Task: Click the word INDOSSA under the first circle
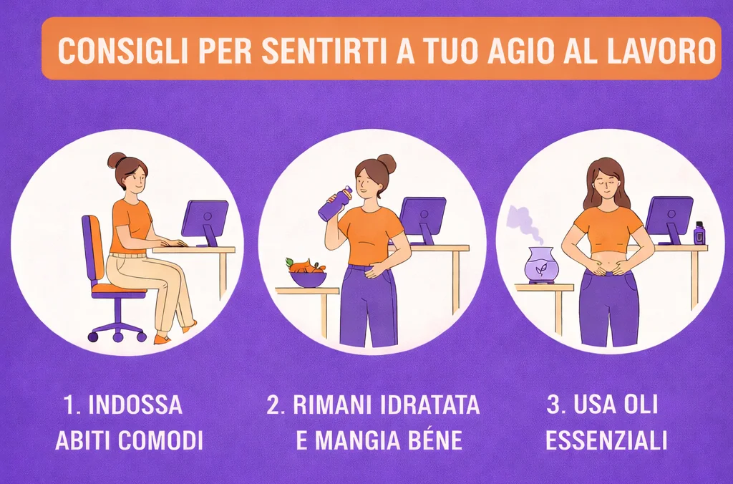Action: click(x=135, y=405)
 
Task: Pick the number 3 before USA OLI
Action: click(x=552, y=405)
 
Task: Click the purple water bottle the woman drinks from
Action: click(x=334, y=204)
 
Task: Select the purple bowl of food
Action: click(x=308, y=277)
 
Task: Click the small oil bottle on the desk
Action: click(x=699, y=233)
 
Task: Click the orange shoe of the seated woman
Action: click(x=162, y=339)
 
